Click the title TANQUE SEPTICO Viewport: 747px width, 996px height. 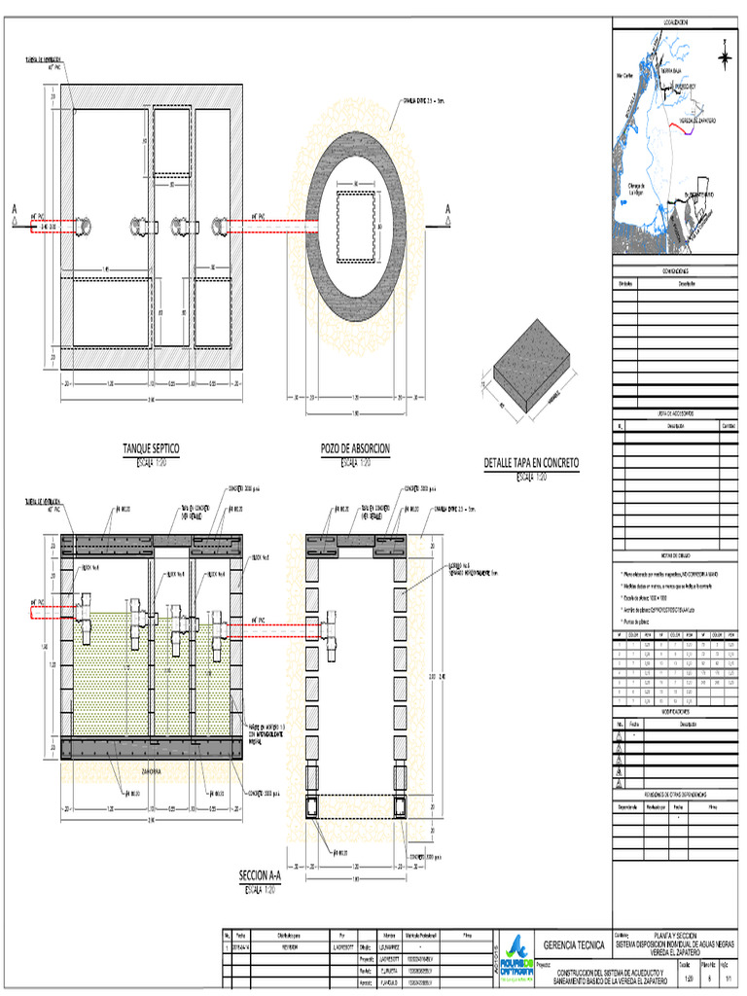tap(150, 448)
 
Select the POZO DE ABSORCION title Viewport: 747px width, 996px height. tap(355, 448)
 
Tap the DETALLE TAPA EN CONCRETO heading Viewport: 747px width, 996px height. tap(531, 463)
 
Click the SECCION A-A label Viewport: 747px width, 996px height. tap(259, 875)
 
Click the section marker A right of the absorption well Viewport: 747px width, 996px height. tap(448, 209)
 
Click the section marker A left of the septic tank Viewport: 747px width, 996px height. tap(15, 209)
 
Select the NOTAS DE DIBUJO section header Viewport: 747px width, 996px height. tap(675, 555)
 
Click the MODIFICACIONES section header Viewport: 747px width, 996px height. tap(675, 712)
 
